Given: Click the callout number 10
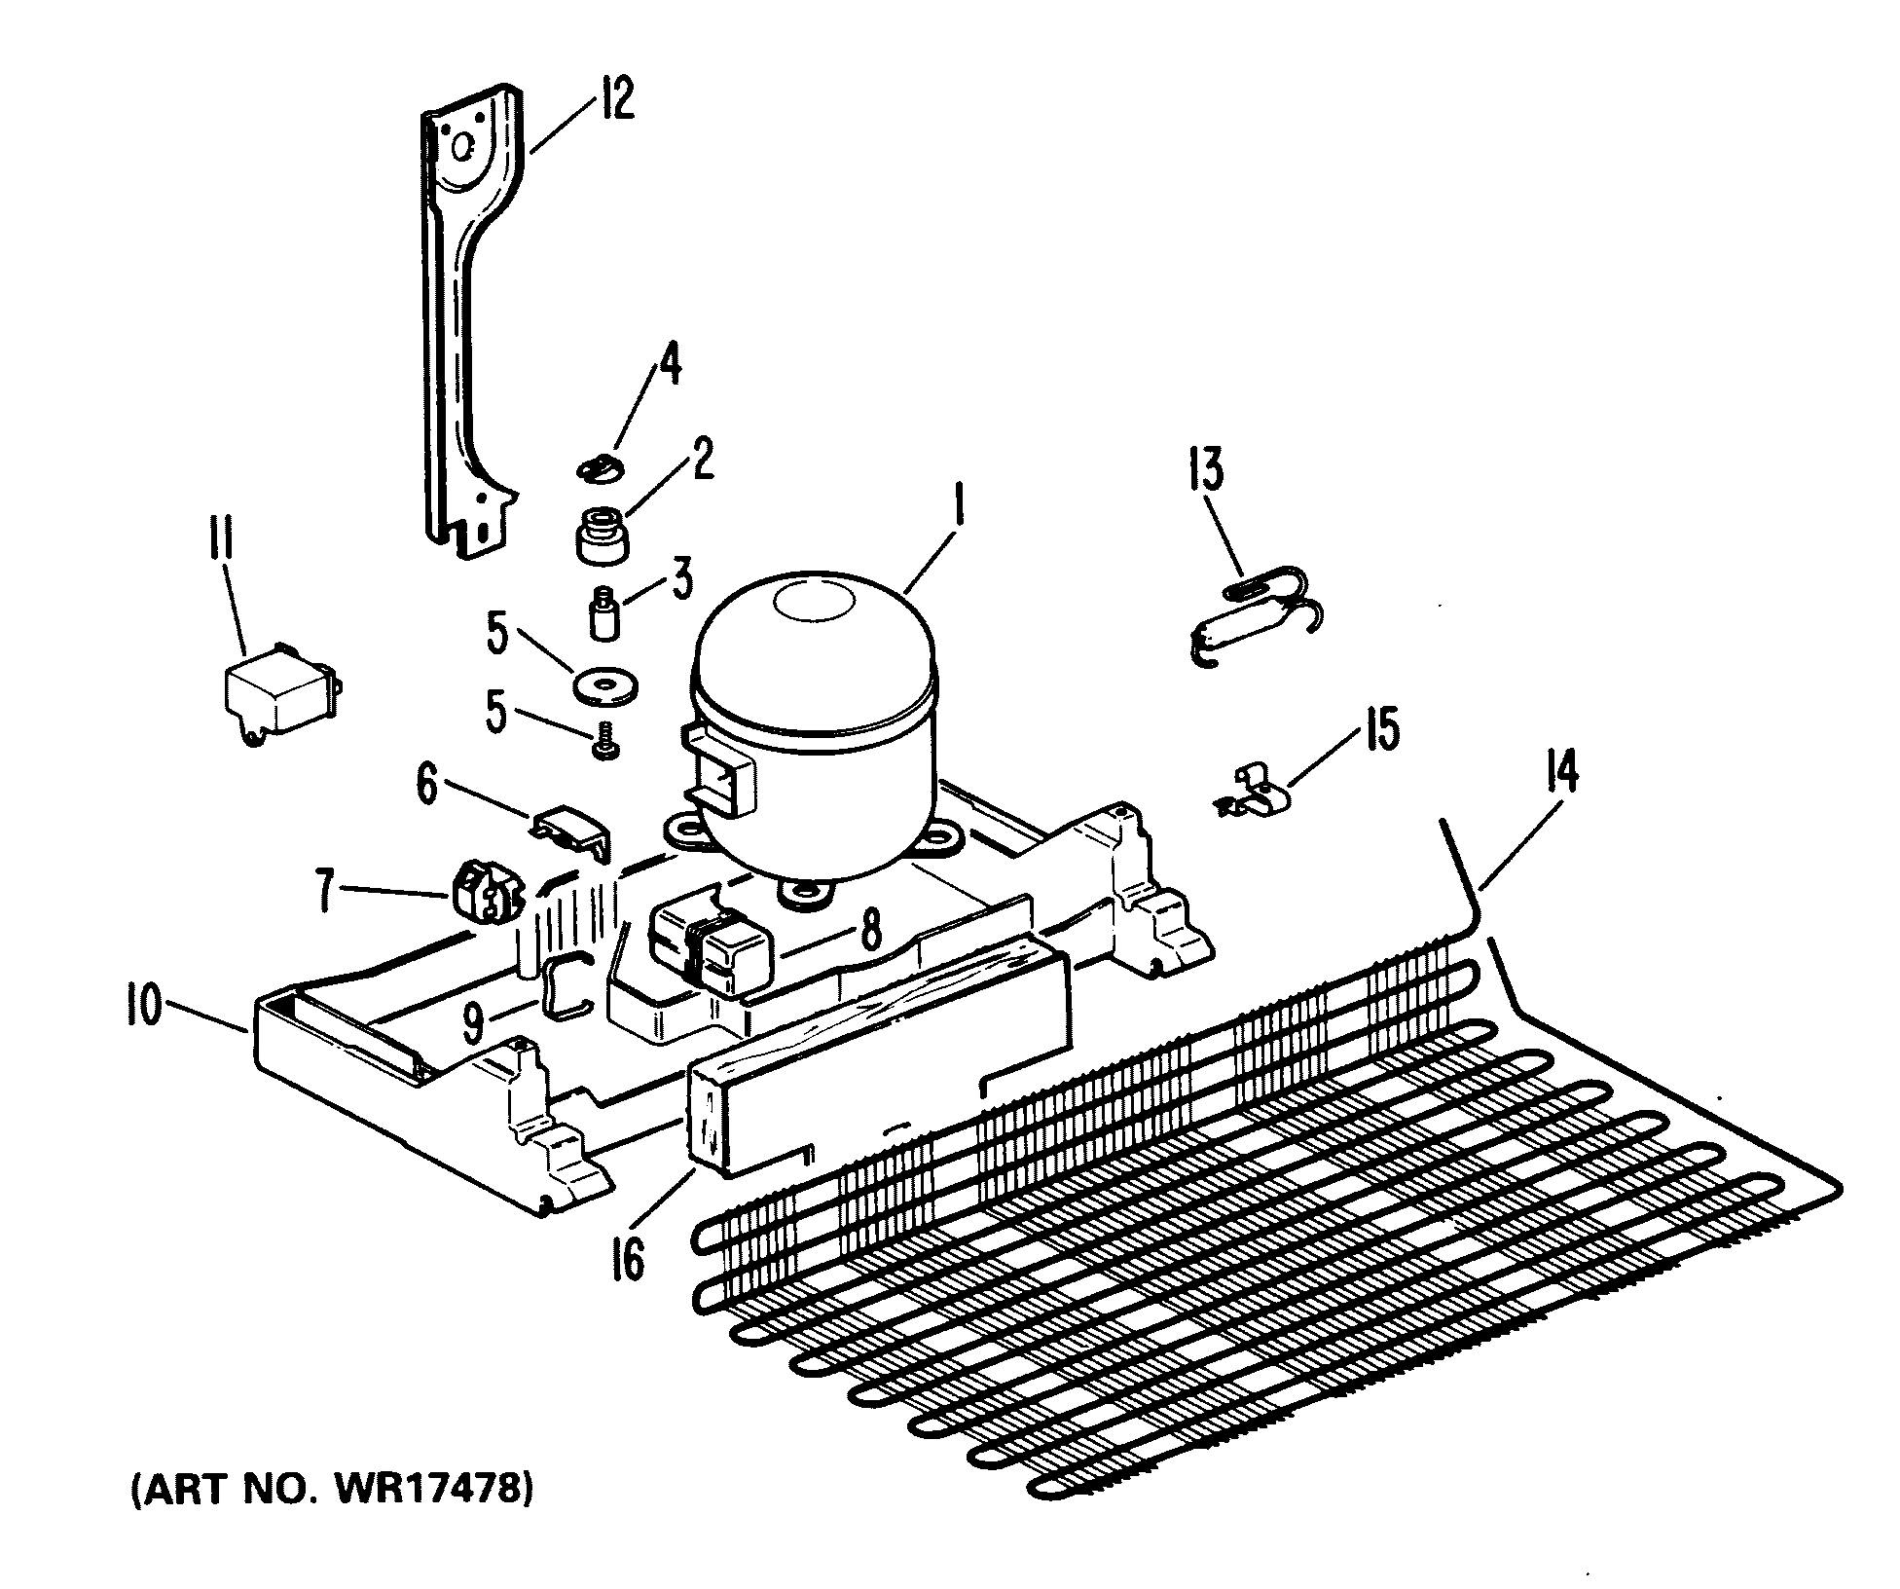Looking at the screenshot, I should [x=143, y=1008].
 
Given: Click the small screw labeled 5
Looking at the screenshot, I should [x=605, y=747].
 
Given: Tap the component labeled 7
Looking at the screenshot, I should [x=485, y=890].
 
